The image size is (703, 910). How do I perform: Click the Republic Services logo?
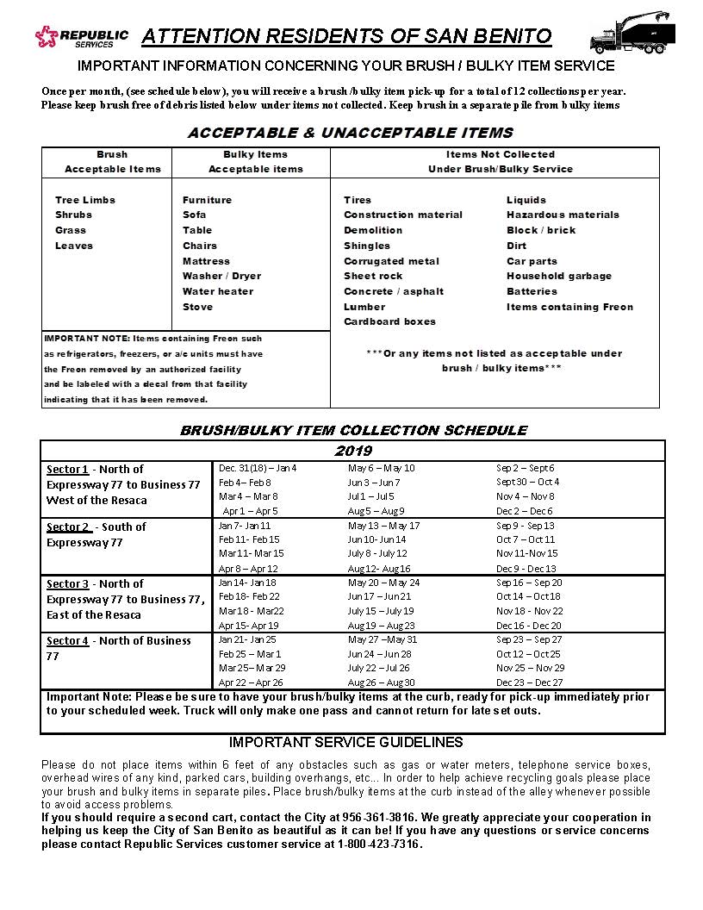81,37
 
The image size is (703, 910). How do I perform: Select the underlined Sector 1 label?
67,470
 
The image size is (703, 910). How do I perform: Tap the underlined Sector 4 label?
67,641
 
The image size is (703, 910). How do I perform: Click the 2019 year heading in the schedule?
353,451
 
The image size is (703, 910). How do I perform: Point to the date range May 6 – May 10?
381,468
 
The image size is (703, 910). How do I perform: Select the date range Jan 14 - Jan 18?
248,583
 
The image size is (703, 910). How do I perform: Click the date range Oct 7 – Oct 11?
526,539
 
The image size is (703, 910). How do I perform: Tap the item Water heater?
218,291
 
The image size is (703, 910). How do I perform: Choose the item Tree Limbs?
85,200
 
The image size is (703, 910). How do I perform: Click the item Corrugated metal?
391,261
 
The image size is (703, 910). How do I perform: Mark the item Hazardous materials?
563,215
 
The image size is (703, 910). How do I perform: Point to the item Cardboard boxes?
389,321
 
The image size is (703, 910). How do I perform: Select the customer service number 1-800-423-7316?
379,844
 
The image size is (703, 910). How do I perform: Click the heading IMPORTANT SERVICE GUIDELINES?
346,743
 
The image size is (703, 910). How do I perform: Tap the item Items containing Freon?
569,307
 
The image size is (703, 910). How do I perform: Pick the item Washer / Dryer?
221,276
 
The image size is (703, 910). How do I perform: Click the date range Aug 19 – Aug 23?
381,626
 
